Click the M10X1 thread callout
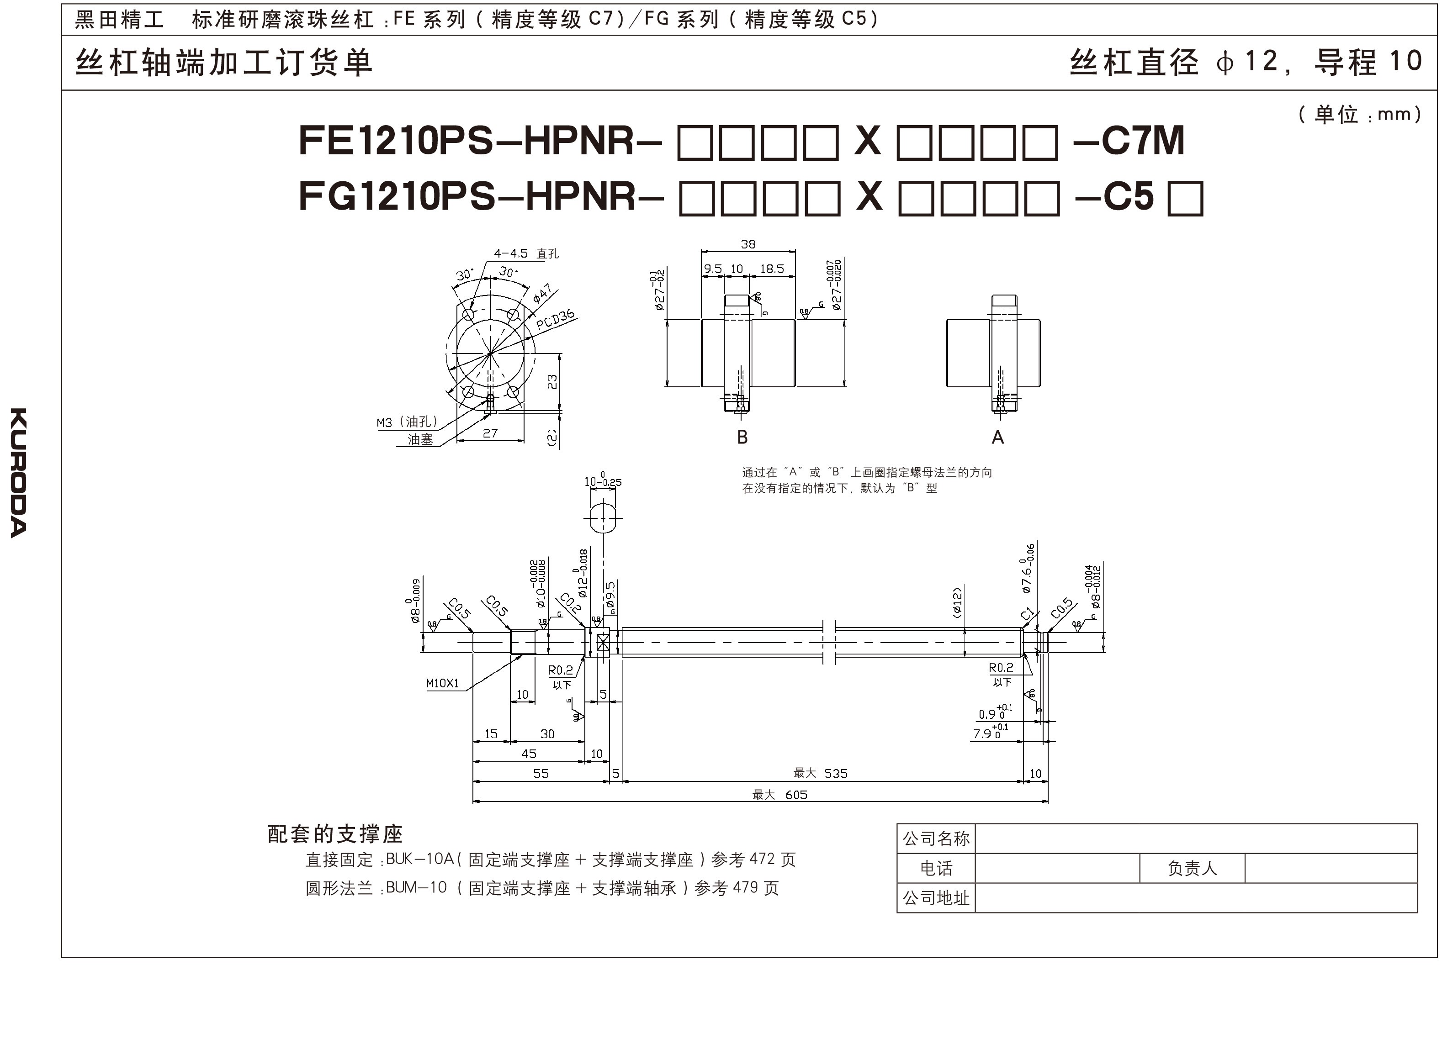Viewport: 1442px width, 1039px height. coord(443,684)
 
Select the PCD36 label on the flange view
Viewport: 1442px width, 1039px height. coord(555,319)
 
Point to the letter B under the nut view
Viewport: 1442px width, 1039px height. coord(742,437)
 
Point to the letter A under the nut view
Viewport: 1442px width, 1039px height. coord(997,437)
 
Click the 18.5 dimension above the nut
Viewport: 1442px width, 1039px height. coord(772,269)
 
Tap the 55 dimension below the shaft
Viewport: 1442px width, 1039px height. coord(541,773)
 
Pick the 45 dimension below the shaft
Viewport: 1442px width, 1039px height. coord(528,754)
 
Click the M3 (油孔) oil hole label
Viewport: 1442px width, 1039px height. coord(407,422)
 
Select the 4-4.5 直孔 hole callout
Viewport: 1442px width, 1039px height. coord(526,253)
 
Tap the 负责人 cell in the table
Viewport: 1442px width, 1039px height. coord(1192,868)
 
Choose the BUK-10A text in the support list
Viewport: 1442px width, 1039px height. coord(419,859)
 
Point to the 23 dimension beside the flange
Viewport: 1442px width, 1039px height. coord(552,381)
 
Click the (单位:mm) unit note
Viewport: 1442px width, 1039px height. coord(1359,114)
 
